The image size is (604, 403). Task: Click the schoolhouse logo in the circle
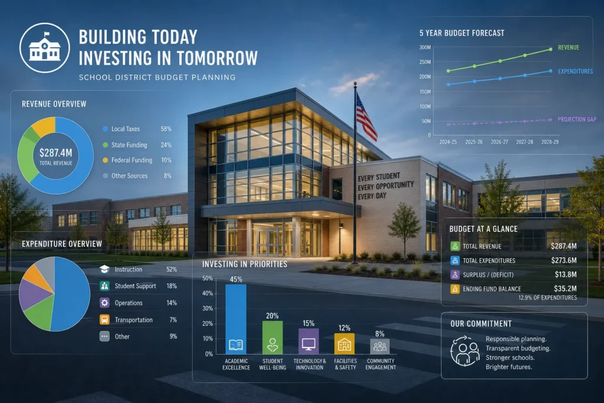45,48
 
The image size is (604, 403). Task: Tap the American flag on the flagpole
366,116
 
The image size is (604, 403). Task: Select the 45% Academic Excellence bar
236,319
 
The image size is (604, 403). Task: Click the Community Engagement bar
380,346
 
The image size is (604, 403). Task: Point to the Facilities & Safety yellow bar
344,343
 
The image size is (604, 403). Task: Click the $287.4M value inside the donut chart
56,153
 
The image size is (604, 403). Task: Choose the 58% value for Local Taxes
166,129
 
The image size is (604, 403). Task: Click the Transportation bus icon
104,319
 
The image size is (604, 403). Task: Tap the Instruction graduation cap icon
104,269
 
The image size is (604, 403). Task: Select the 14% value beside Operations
172,303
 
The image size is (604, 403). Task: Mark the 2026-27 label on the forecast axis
499,142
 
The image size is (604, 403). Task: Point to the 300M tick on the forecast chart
425,47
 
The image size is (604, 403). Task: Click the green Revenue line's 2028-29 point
550,50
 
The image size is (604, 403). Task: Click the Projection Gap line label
577,119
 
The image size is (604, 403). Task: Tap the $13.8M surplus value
566,274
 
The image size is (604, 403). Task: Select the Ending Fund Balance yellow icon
455,289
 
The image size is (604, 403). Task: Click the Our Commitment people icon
465,351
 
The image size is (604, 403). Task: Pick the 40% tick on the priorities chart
208,293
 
